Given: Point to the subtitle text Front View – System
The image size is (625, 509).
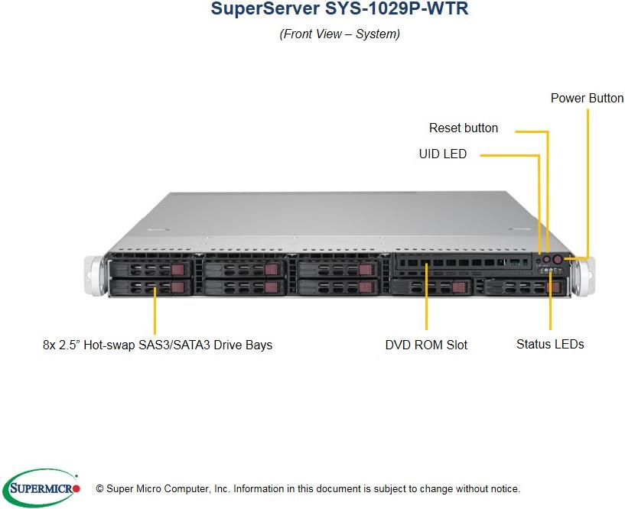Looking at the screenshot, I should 340,34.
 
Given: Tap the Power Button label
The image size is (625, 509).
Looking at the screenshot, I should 587,99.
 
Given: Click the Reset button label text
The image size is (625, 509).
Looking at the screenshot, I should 464,128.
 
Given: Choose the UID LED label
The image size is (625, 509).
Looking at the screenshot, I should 442,154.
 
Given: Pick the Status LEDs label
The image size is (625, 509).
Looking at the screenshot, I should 550,345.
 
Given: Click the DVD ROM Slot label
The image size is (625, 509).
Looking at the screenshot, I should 426,345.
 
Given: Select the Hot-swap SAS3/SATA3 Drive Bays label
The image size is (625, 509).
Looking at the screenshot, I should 158,345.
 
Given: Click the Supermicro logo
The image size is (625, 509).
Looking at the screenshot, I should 42,487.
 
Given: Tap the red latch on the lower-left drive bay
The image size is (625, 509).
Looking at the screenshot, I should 177,287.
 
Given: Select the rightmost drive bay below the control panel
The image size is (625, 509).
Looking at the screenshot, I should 523,287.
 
